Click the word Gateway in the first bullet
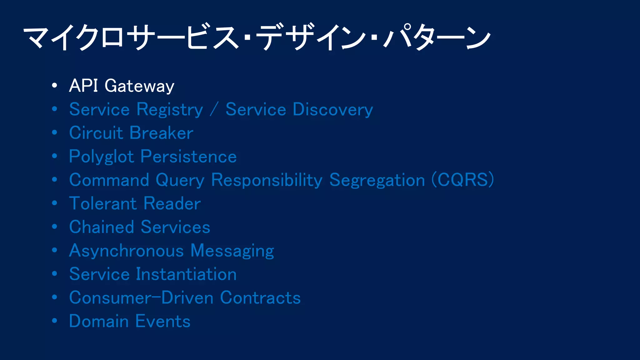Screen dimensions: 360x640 point(139,86)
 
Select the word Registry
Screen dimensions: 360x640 point(170,110)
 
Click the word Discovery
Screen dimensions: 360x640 point(333,110)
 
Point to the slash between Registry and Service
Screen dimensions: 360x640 point(214,110)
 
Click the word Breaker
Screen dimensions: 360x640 point(162,133)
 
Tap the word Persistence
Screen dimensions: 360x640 point(189,156)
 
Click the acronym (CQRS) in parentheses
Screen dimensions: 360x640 point(462,180)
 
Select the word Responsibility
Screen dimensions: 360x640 point(267,180)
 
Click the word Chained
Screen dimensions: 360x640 point(102,227)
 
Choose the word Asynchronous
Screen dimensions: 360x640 point(126,251)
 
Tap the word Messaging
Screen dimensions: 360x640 point(232,251)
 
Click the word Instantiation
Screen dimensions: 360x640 point(186,274)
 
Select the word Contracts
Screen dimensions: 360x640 point(260,297)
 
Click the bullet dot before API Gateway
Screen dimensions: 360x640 point(55,85)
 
